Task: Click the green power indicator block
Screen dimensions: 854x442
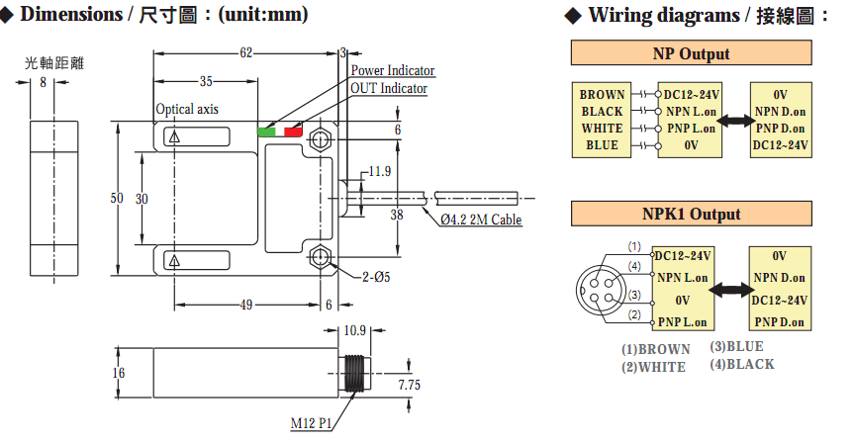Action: pos(268,132)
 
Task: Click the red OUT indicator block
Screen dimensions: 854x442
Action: pos(293,132)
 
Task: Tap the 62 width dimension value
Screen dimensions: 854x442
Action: pos(246,52)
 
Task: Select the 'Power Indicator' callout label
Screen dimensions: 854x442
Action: pos(393,70)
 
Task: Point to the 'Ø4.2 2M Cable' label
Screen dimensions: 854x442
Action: pos(481,220)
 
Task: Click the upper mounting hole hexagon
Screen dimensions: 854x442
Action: pos(319,139)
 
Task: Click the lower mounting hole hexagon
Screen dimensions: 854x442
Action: pos(319,255)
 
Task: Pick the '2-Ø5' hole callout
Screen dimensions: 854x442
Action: pos(376,277)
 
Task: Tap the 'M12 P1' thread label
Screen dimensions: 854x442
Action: pos(311,423)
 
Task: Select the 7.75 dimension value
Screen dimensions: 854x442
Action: pos(409,385)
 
